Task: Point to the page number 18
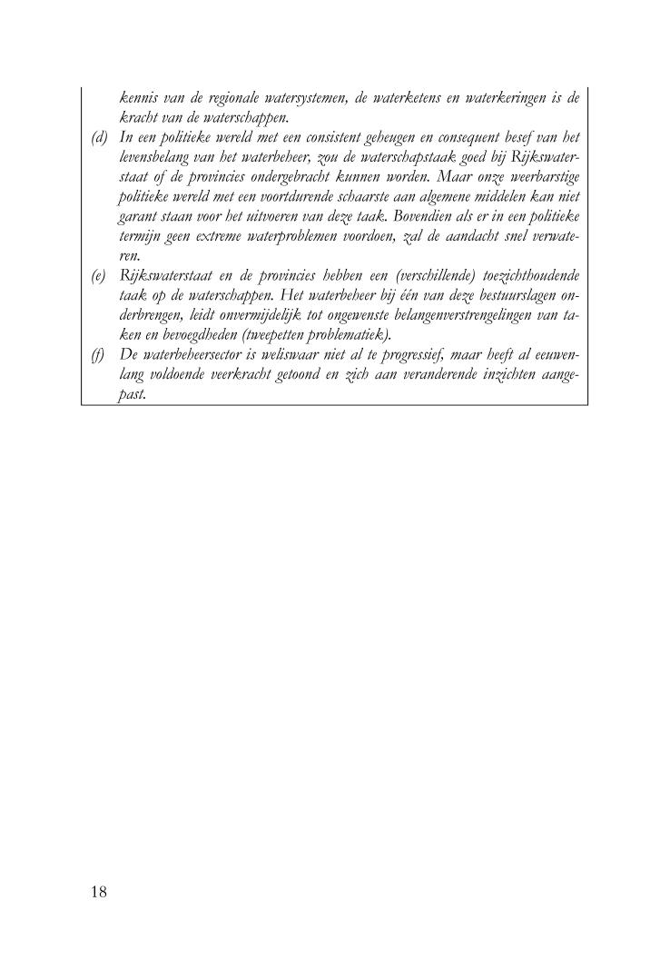pos(98,892)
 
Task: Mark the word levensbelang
pos(161,157)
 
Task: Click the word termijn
pos(140,236)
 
